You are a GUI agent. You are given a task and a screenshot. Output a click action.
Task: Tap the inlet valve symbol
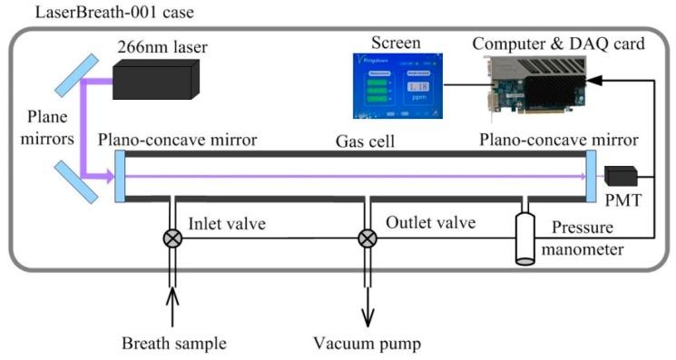(x=168, y=238)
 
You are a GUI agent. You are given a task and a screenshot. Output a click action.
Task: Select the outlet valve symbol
(x=367, y=238)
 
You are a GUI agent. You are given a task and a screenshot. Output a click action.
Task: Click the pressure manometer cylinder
(x=525, y=238)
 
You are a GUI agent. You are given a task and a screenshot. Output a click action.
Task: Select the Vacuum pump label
(x=367, y=343)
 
